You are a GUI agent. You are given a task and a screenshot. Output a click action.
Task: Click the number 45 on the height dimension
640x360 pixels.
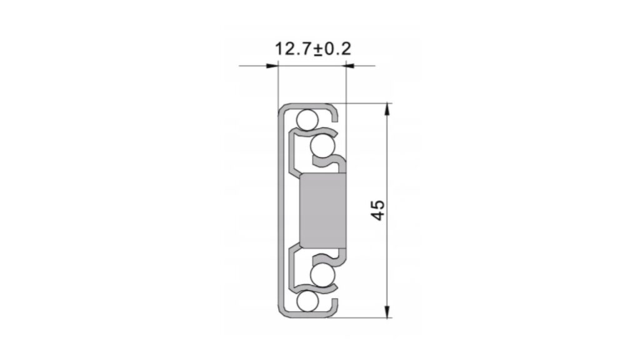tap(379, 210)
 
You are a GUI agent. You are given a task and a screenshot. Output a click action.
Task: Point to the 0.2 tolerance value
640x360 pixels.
tap(337, 49)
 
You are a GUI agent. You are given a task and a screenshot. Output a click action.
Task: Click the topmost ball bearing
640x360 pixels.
tap(307, 119)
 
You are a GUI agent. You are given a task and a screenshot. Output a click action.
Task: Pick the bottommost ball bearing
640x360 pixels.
tap(307, 302)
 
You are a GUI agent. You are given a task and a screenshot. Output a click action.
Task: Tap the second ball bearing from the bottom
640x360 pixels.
tap(322, 275)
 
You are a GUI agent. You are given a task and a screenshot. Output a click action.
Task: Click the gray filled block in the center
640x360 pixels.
tap(323, 211)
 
